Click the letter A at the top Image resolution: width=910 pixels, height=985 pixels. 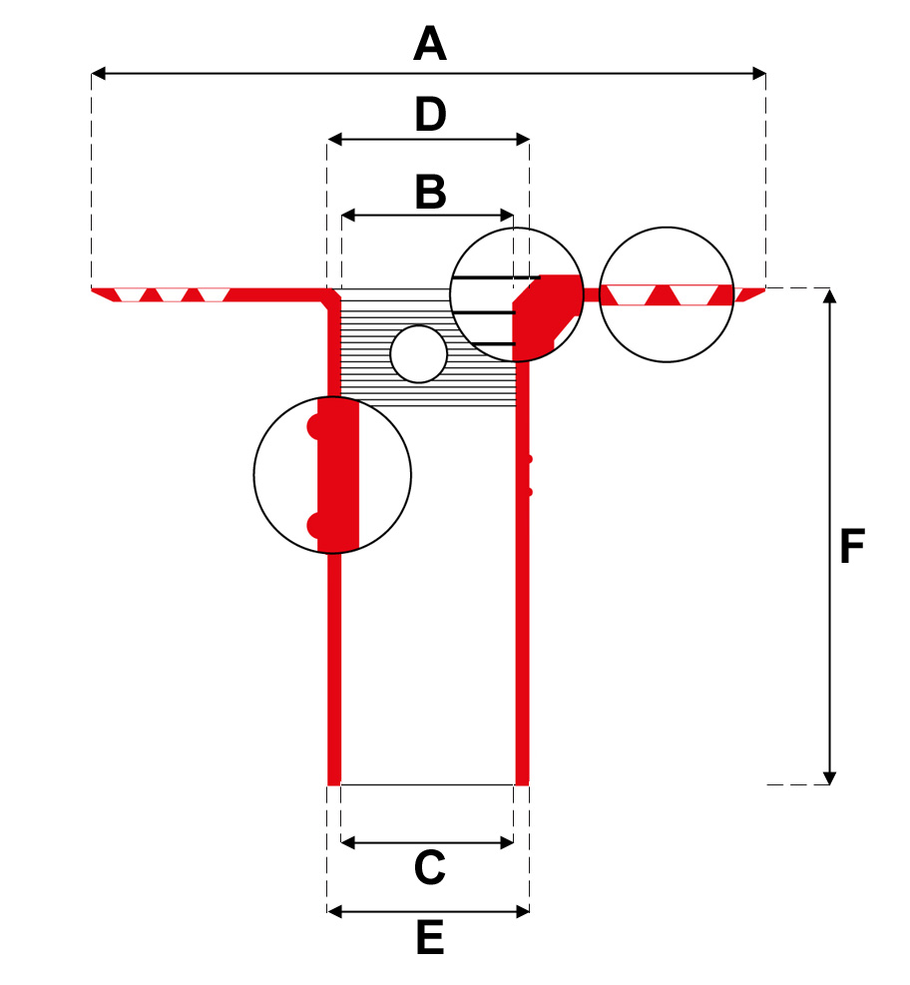[x=429, y=45]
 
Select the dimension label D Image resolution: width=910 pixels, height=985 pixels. [x=430, y=116]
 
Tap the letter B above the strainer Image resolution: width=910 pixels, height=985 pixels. [x=430, y=193]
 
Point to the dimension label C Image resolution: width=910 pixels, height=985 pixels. [x=429, y=869]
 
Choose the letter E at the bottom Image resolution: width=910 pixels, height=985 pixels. [x=429, y=939]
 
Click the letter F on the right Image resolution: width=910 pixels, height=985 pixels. [x=851, y=547]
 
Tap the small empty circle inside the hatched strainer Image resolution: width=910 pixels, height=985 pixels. [x=418, y=354]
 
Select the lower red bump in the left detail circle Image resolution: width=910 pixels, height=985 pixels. [x=313, y=526]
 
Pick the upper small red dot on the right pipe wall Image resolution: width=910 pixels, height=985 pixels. [x=529, y=459]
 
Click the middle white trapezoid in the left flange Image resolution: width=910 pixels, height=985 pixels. [x=172, y=294]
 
